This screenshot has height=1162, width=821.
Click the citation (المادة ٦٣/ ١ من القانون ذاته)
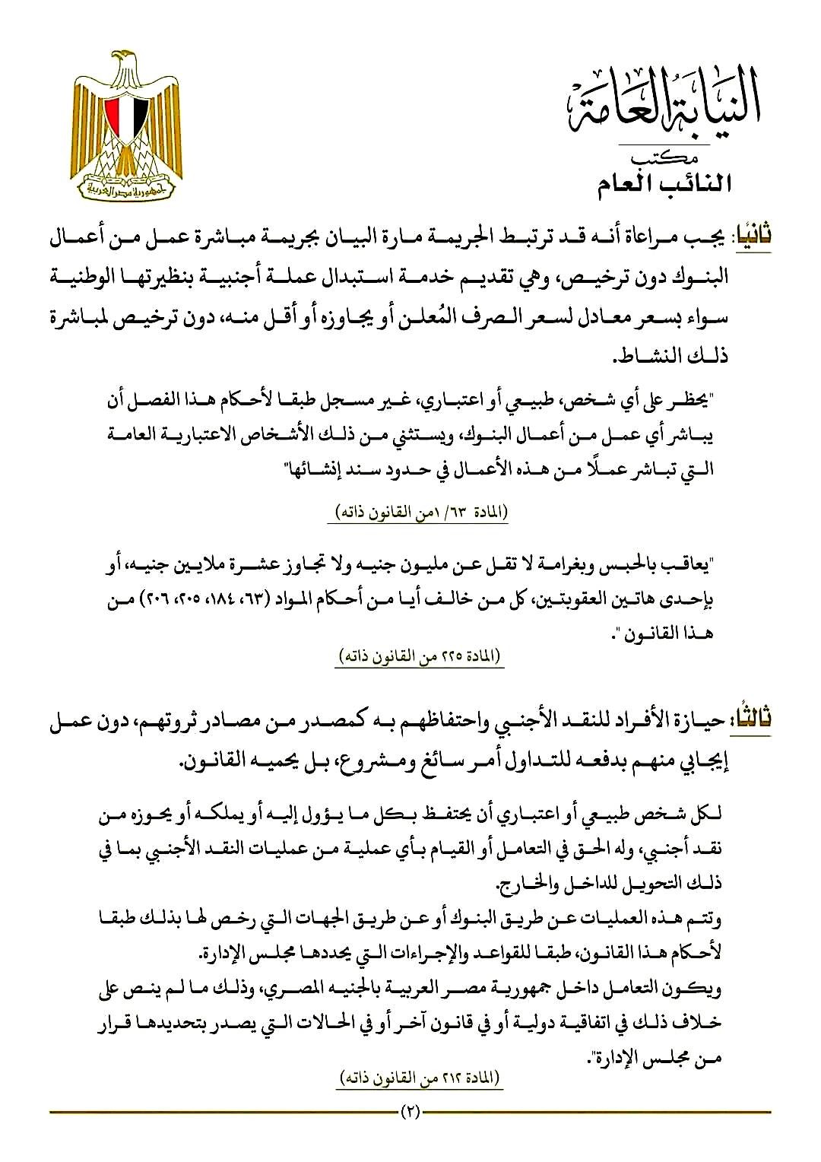419,512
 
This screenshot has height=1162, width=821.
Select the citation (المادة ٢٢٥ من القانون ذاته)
419,656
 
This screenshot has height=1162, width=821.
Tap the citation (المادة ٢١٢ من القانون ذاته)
419,1078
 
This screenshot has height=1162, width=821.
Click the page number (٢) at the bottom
410,1114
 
